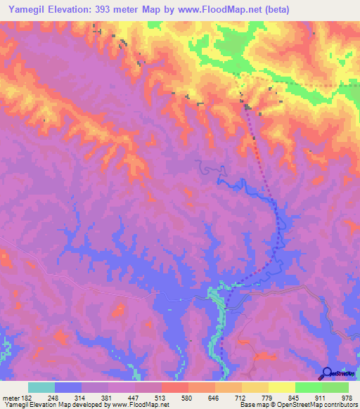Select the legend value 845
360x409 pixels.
(x=293, y=397)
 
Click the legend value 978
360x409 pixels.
(x=347, y=397)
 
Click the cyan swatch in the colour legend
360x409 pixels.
(x=41, y=387)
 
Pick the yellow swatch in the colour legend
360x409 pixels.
(x=281, y=387)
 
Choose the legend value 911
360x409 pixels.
(x=320, y=397)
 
